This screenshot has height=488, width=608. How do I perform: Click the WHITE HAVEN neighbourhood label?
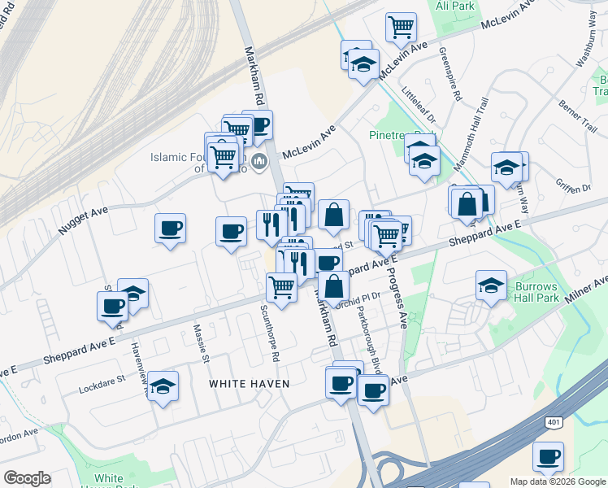point(250,383)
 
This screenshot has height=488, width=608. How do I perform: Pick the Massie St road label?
point(201,344)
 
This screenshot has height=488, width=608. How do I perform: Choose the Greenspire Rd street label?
point(450,72)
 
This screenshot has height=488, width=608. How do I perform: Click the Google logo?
point(27,478)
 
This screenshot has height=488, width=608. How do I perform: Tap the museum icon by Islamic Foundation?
point(259,160)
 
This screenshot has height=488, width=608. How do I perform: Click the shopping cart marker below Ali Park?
point(401,27)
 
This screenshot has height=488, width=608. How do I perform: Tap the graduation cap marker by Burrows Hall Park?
point(491,285)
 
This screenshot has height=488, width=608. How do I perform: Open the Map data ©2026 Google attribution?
point(558,481)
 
